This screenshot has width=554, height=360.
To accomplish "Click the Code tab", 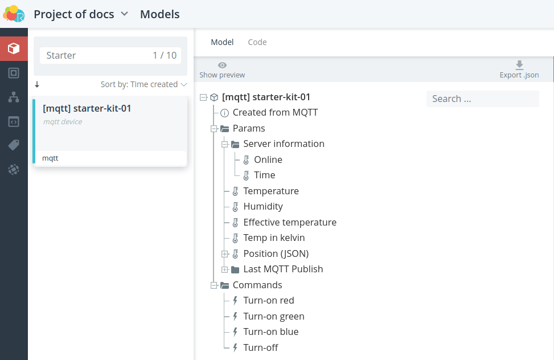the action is [257, 42].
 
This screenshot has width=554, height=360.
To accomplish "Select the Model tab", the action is [222, 42].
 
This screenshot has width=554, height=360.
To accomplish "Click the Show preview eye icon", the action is [222, 65].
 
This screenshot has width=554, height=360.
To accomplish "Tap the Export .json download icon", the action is [519, 65].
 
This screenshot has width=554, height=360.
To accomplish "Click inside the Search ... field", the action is [483, 99].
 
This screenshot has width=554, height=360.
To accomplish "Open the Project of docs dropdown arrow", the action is [124, 14].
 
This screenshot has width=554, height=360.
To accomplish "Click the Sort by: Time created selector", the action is [143, 84].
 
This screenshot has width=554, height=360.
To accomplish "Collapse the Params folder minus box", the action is [214, 128].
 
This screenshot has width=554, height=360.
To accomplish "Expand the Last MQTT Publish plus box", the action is [225, 269].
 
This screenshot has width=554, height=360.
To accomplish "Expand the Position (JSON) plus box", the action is [225, 254].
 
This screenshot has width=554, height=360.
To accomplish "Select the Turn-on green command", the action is [274, 316].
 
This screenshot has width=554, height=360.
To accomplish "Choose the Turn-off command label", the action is [261, 347].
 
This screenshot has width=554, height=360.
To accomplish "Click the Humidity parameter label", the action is [263, 207].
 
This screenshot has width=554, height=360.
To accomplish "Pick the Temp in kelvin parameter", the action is [274, 238].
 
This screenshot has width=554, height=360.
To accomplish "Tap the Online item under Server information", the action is [268, 159].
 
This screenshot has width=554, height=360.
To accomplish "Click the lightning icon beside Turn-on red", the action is [235, 301].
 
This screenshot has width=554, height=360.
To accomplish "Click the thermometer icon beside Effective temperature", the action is [235, 222].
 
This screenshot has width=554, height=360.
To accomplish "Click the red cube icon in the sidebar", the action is [14, 48].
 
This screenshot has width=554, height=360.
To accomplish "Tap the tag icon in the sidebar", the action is [14, 145].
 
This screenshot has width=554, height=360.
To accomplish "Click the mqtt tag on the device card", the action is [50, 158].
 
